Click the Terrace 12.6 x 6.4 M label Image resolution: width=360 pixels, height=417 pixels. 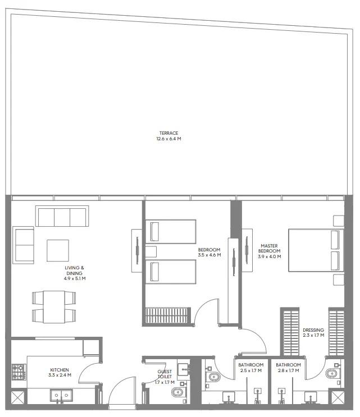(169, 136)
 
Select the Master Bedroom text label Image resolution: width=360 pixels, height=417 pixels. (270, 251)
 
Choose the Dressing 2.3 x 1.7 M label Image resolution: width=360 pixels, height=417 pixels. (313, 333)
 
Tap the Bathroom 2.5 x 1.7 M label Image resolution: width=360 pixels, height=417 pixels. (250, 368)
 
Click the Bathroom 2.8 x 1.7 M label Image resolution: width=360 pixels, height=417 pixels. (288, 368)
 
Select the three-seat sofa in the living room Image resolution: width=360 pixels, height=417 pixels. (62, 216)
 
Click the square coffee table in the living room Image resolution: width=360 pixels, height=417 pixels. (58, 250)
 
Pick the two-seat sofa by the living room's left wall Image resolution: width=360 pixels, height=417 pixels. (24, 245)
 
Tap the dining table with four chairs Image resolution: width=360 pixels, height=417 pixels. (54, 306)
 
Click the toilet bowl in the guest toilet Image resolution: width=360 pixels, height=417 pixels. (176, 392)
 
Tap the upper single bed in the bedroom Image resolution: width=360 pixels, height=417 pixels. (171, 231)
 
